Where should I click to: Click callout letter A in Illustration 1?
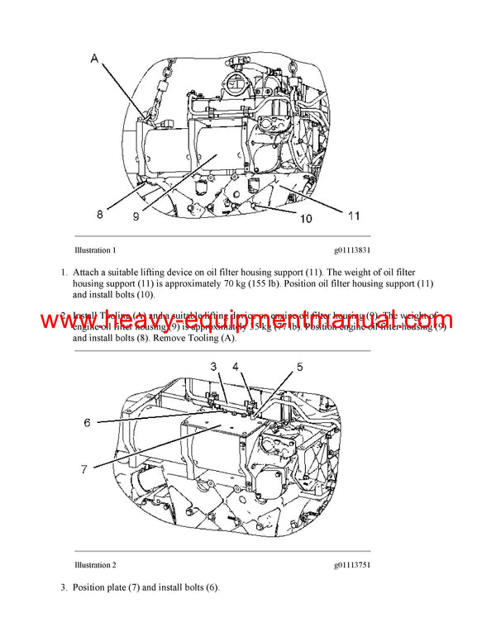[x=94, y=59]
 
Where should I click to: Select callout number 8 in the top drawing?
[x=100, y=215]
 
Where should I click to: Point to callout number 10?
[x=305, y=219]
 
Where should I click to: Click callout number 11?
[x=353, y=216]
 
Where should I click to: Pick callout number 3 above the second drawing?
[x=212, y=365]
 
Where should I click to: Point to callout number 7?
[x=84, y=468]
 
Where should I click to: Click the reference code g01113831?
[x=352, y=249]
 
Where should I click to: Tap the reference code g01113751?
[x=352, y=565]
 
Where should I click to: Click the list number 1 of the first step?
[x=63, y=271]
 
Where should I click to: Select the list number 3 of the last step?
[x=63, y=587]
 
